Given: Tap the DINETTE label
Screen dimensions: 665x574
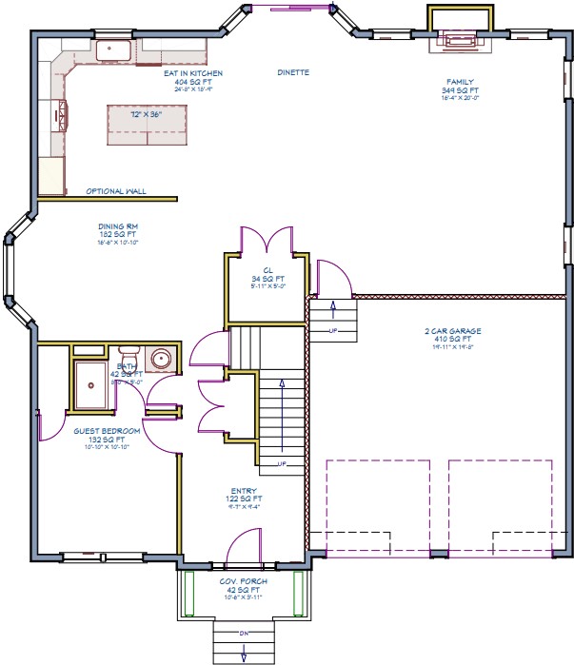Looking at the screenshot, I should click(x=293, y=73).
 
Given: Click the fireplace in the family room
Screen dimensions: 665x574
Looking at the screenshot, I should click(x=461, y=37).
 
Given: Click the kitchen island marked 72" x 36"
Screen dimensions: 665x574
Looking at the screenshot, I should click(x=148, y=124).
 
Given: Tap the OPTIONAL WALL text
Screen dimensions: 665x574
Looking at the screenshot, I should click(x=116, y=191).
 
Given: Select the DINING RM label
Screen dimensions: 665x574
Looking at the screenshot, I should click(x=118, y=226).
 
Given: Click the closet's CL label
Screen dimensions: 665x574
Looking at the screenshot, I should click(x=268, y=270).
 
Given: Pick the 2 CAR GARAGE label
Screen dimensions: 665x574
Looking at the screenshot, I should click(x=453, y=331).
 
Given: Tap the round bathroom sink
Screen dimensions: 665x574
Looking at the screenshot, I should click(x=162, y=360).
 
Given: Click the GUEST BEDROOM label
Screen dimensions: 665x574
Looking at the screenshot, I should click(x=107, y=431).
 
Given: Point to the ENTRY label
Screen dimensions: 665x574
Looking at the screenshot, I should click(x=245, y=491).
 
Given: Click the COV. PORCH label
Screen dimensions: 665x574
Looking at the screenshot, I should click(x=245, y=580).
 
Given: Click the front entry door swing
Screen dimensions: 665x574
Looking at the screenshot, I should click(x=243, y=547).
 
